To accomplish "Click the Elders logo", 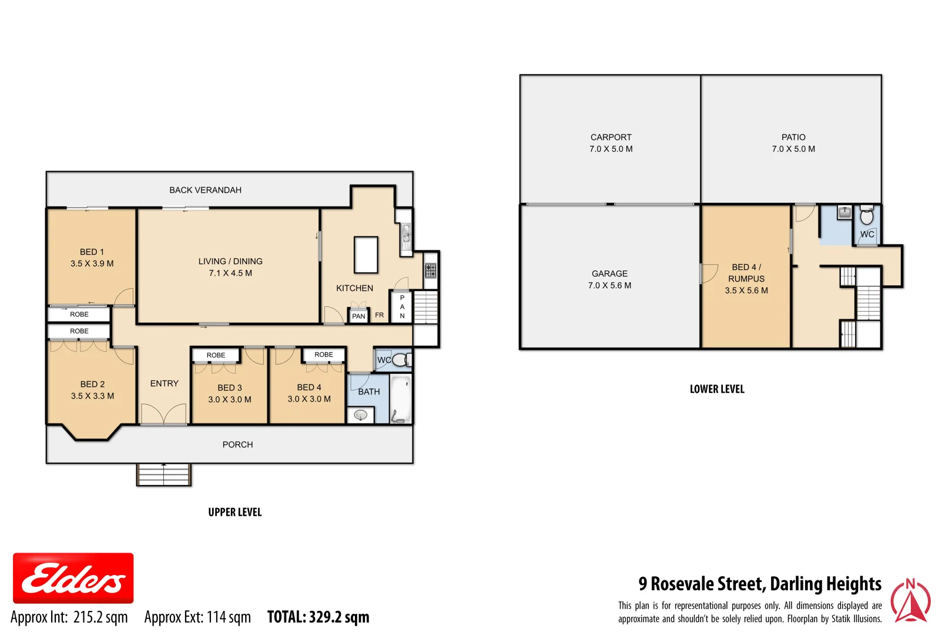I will (x=73, y=578).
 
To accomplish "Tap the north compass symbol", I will (x=910, y=601).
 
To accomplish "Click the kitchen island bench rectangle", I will (x=366, y=255).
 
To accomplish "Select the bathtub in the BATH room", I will (x=401, y=398).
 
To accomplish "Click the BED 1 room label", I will (x=92, y=252).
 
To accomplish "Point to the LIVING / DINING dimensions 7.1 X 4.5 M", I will (x=230, y=273).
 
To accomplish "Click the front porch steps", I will (x=164, y=474).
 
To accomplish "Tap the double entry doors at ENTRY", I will (x=163, y=415).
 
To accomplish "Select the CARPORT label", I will (x=611, y=137).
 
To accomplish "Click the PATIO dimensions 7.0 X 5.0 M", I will (x=793, y=149).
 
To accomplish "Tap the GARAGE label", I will (x=609, y=273).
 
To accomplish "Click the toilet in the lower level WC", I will (x=867, y=216).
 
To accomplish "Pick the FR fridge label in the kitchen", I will (x=380, y=315).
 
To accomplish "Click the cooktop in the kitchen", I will (x=431, y=270).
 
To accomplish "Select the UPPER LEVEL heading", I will (x=234, y=512).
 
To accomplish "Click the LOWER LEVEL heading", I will (x=717, y=389).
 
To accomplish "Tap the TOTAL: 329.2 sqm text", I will (x=318, y=617).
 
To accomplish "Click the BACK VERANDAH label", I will (x=205, y=190).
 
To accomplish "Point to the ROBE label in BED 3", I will (x=216, y=355).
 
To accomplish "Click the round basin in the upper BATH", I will (x=361, y=415).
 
